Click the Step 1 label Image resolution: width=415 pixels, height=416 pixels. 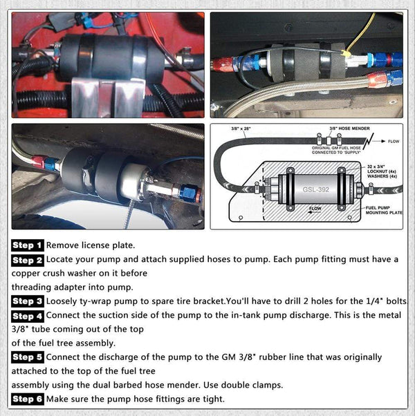(x=27, y=245)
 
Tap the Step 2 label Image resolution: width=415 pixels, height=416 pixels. (x=27, y=260)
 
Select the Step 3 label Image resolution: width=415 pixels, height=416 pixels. (x=27, y=301)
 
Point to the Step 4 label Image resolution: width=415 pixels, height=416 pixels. (x=27, y=316)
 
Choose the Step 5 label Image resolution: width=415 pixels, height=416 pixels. (x=27, y=357)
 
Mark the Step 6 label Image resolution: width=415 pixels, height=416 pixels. (x=27, y=399)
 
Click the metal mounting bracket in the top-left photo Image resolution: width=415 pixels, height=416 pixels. (x=104, y=94)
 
